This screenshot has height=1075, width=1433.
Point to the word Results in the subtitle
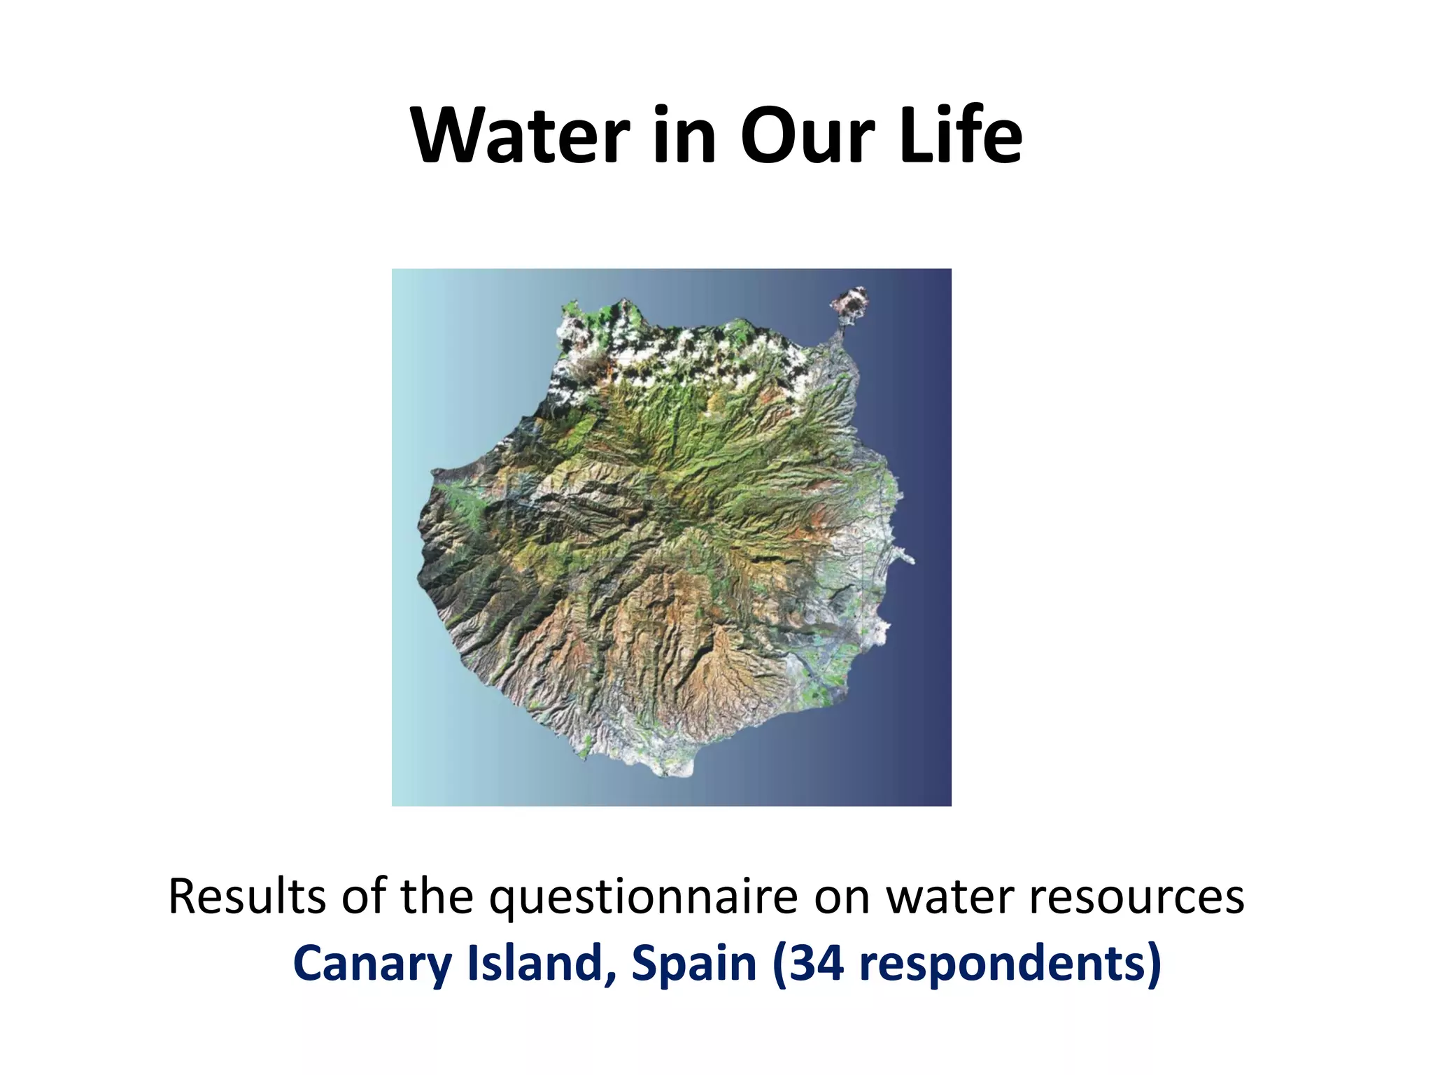247,897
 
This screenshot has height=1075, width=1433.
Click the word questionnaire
643,898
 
